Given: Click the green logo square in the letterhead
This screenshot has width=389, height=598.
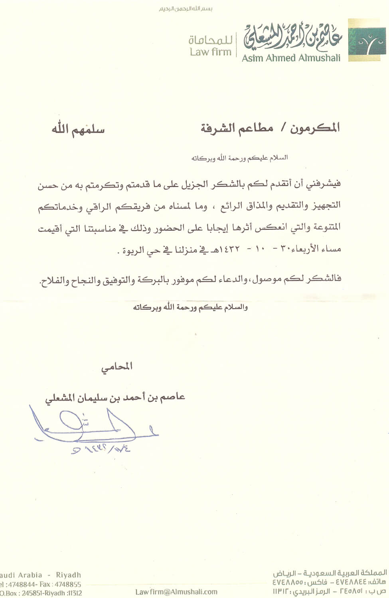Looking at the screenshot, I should pyautogui.click(x=367, y=40).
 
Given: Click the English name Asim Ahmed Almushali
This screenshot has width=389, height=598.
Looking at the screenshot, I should pyautogui.click(x=291, y=58).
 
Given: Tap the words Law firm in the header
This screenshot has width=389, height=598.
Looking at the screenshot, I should pyautogui.click(x=211, y=52).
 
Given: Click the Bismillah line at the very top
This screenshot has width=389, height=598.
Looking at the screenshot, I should pyautogui.click(x=186, y=9).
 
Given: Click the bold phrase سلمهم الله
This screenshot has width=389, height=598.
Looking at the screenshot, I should pyautogui.click(x=78, y=130).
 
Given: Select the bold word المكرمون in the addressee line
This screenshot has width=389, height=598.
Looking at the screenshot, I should pyautogui.click(x=315, y=128).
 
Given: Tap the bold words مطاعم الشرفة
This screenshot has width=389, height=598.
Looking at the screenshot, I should pyautogui.click(x=237, y=128).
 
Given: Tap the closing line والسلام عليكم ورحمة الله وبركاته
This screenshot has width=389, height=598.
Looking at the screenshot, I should pyautogui.click(x=190, y=307).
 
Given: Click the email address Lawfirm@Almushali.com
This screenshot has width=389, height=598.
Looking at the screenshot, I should pyautogui.click(x=176, y=592).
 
